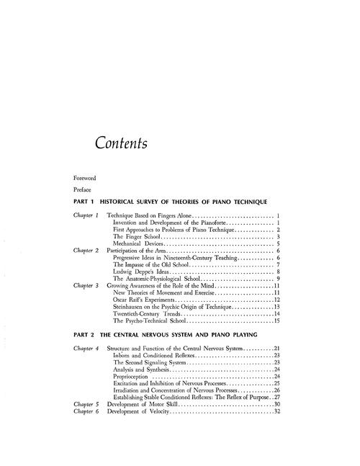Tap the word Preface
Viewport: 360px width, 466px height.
[x=83, y=189]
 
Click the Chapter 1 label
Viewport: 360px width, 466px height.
[x=86, y=216]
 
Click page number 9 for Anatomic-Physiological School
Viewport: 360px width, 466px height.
[x=278, y=279]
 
